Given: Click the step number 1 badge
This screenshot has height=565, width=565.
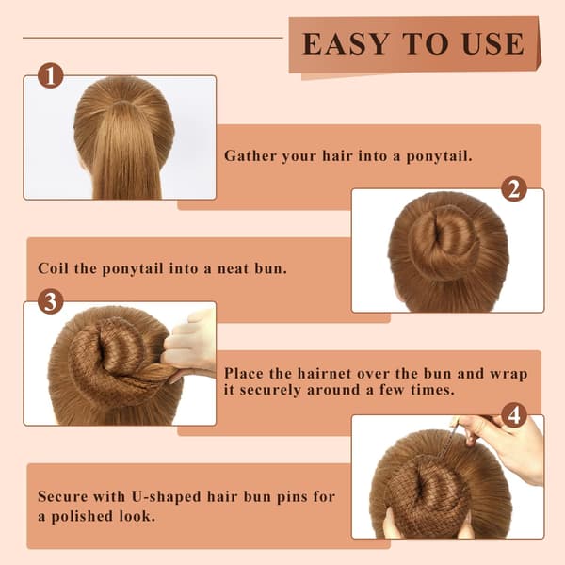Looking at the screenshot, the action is click(x=51, y=75).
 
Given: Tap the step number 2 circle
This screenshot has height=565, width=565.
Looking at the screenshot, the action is click(x=514, y=189).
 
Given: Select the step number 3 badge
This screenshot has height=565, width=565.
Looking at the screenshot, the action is click(x=51, y=301).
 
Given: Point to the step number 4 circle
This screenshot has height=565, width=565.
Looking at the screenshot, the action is click(x=514, y=415).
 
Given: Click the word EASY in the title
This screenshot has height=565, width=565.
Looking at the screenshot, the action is click(x=346, y=44).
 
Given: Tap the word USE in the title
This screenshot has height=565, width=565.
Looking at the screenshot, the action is click(x=492, y=44).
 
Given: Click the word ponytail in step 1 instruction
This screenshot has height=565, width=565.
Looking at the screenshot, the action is click(x=439, y=156).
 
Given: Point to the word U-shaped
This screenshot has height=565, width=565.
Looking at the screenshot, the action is click(x=166, y=497).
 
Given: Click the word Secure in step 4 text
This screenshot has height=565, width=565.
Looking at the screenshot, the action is click(x=63, y=496).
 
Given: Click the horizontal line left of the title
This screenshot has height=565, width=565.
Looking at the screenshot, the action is click(x=153, y=37).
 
